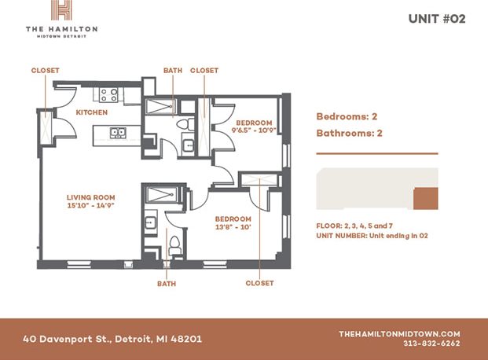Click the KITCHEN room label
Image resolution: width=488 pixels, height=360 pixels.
[x=91, y=112]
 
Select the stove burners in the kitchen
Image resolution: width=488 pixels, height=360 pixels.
[x=108, y=95]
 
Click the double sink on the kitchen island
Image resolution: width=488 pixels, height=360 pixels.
[x=118, y=133]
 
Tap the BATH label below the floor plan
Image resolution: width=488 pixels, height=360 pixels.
[x=166, y=283]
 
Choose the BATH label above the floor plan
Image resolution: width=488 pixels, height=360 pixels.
[x=173, y=71]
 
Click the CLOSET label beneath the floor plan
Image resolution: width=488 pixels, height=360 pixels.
[x=259, y=283]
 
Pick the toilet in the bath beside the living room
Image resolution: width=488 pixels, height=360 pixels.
[x=175, y=244]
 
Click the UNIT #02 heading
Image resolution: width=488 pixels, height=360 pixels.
[x=437, y=18]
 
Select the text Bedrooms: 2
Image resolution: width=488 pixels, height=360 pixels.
[x=343, y=116]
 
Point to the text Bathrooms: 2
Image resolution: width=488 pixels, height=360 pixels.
[x=349, y=133]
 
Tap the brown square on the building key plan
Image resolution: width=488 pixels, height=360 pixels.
[x=425, y=200]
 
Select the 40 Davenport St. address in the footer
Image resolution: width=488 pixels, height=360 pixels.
[x=112, y=339]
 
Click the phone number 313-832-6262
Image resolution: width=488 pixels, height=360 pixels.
[x=431, y=343]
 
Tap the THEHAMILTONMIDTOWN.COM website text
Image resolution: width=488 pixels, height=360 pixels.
[x=399, y=333]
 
